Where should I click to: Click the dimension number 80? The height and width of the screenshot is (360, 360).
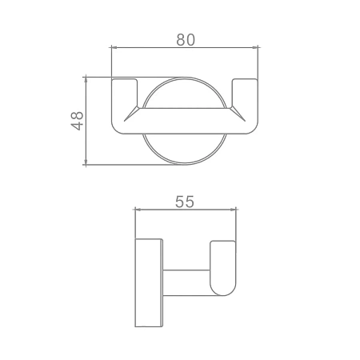point(186,40)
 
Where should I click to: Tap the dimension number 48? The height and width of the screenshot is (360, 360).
point(78,121)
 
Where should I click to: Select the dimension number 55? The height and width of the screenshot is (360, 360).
point(185,202)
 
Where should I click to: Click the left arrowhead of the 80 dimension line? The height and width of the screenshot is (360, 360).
point(114,47)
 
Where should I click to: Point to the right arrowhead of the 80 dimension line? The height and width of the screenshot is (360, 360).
point(255,47)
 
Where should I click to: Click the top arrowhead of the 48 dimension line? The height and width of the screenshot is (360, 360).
point(86,80)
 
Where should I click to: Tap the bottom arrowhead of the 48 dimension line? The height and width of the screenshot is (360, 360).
point(86,162)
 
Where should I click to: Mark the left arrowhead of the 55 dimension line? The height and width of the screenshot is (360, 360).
point(138,210)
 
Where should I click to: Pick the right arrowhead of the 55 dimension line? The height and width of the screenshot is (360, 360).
point(233,210)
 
